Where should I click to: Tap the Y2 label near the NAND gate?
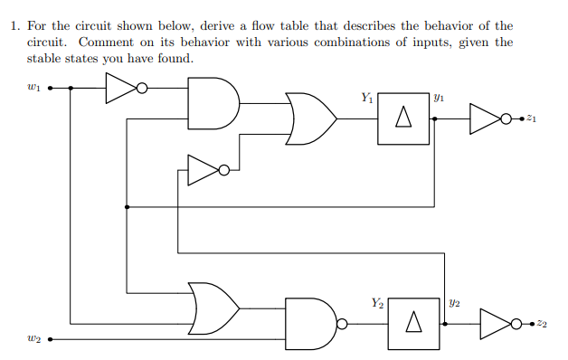[377, 302]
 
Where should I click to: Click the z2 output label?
[541, 323]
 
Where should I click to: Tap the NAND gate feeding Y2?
[311, 323]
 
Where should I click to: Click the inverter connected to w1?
[122, 89]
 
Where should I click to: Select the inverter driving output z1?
[488, 117]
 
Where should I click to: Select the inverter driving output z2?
[499, 323]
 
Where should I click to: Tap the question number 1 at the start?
[14, 26]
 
